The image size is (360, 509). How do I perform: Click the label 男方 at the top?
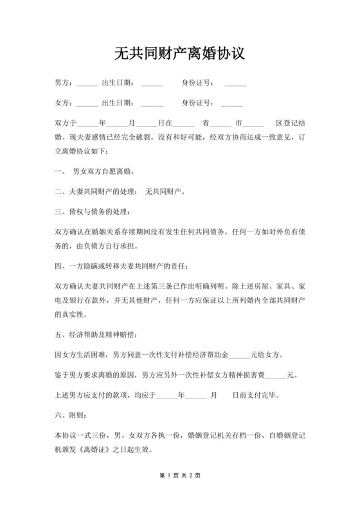[x=62, y=83]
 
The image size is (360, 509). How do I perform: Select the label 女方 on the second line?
[x=62, y=103]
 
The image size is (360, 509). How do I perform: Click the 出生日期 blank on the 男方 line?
[x=152, y=84]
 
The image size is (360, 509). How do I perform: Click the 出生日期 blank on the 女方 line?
[x=152, y=104]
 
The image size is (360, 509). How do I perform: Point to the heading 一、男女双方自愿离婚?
[x=94, y=172]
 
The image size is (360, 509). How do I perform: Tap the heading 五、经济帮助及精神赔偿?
[x=95, y=335]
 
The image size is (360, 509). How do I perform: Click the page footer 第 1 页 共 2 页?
[x=180, y=476]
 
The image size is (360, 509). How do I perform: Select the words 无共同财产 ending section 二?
[x=165, y=192]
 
